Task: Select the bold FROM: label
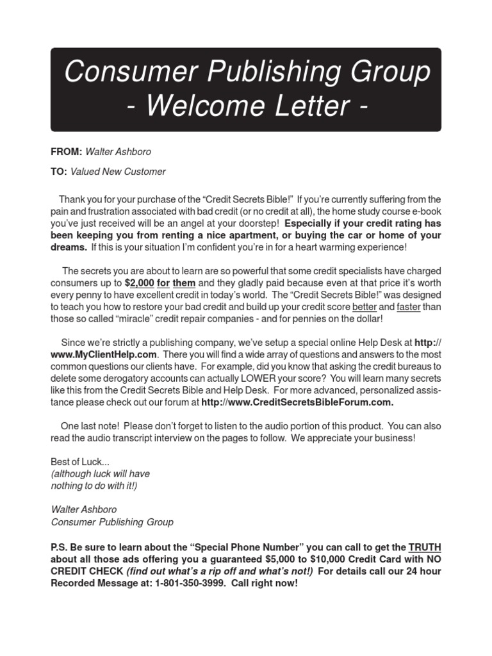67,152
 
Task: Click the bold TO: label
59,172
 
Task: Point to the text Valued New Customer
118,172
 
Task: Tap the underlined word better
364,306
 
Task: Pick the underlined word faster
409,306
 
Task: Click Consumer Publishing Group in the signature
112,521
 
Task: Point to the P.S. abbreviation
60,547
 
